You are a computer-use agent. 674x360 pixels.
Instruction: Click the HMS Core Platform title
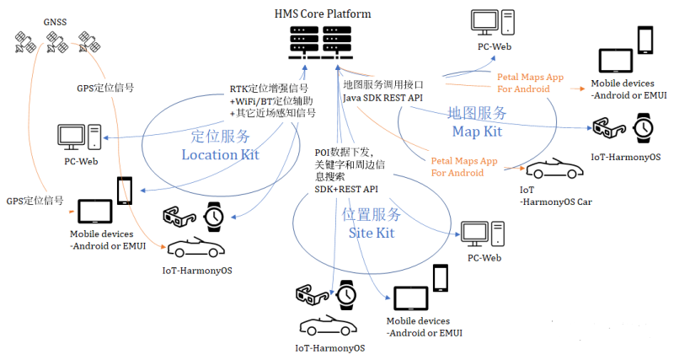(323, 13)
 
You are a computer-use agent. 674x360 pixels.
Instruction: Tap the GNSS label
(55, 22)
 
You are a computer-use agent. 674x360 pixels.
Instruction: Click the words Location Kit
(220, 154)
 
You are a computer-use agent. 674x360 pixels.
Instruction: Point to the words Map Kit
(477, 132)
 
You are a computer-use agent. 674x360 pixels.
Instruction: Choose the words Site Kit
(372, 233)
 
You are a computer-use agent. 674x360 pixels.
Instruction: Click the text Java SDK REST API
(382, 98)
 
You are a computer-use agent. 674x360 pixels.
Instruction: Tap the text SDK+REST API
(346, 189)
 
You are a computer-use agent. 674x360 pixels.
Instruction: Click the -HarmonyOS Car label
(556, 201)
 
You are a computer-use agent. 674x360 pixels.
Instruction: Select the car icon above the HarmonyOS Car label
(554, 169)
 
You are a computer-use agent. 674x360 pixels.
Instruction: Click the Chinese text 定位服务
(221, 137)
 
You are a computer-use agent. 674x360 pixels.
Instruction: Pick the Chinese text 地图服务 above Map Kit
(477, 113)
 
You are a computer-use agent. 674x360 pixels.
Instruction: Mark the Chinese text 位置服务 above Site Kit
(372, 214)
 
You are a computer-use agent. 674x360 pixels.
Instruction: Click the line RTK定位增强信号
(269, 89)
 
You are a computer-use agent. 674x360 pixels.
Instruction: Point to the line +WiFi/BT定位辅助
(271, 101)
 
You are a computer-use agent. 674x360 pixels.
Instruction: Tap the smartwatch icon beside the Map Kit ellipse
(644, 128)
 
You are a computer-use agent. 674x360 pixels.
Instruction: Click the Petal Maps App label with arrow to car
(464, 167)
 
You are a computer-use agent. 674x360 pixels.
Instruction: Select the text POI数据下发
(344, 153)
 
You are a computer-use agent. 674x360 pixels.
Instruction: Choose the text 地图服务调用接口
(383, 85)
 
